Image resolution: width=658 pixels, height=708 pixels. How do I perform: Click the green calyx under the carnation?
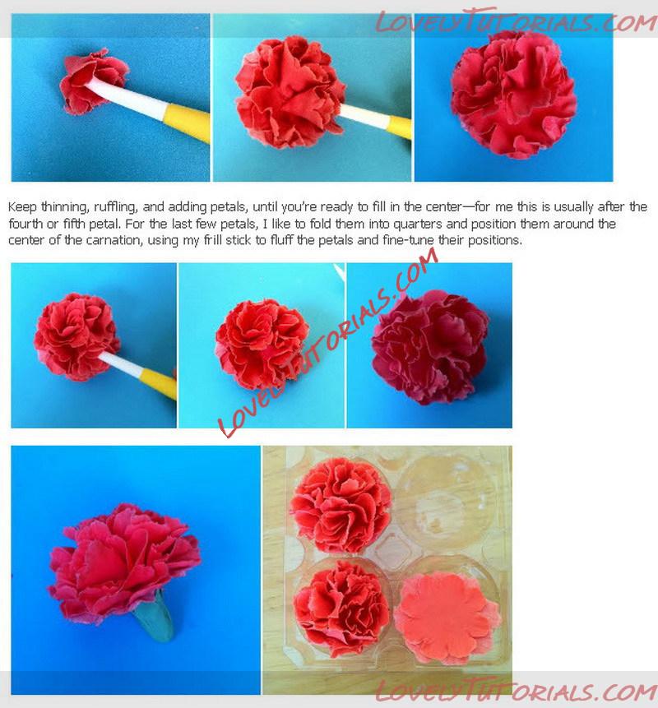pos(155,617)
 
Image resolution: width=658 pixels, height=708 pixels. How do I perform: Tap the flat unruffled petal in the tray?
pos(447,618)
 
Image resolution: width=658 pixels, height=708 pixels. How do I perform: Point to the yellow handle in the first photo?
pos(186,123)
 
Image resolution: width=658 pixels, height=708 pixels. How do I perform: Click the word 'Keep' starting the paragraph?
pos(22,207)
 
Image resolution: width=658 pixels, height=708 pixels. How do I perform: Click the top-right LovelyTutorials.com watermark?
pos(516,21)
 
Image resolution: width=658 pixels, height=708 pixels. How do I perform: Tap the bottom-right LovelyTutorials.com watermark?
pos(516,692)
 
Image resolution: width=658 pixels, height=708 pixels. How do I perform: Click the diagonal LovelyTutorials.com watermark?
pos(328,343)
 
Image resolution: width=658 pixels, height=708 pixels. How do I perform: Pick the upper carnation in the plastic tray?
pos(341,505)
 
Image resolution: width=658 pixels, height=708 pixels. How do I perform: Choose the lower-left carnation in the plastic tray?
pos(342,609)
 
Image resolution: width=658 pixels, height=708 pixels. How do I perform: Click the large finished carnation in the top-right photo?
pos(514,95)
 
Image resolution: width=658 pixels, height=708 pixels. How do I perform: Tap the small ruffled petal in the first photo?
pos(94,81)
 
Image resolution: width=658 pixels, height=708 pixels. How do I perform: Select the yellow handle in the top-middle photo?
pos(400,127)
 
